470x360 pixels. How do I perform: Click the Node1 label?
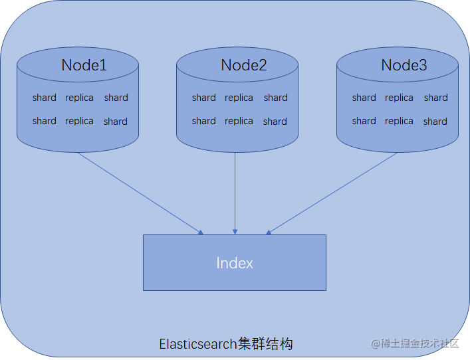(x=84, y=65)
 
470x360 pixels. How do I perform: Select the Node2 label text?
(x=244, y=65)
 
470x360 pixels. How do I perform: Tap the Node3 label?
(x=404, y=65)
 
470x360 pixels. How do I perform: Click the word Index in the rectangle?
(x=235, y=263)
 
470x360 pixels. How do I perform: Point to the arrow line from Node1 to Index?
(x=140, y=193)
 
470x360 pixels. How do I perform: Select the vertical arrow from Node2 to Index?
(x=235, y=193)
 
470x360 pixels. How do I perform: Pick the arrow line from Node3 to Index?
(x=332, y=193)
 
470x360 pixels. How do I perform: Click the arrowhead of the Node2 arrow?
(x=235, y=232)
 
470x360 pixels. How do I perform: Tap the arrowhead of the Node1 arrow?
(x=201, y=232)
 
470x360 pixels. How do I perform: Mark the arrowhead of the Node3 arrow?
(x=269, y=232)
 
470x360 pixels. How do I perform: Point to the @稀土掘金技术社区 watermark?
(x=415, y=343)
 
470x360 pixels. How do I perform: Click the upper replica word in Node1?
(x=79, y=98)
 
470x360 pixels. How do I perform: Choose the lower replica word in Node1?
(x=79, y=122)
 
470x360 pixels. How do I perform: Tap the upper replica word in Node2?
(x=239, y=98)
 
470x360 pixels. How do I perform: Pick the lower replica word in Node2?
(x=239, y=122)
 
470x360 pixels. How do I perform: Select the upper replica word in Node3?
(x=399, y=98)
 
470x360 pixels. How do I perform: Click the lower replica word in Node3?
(x=399, y=122)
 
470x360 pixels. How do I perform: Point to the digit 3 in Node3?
(x=423, y=65)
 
